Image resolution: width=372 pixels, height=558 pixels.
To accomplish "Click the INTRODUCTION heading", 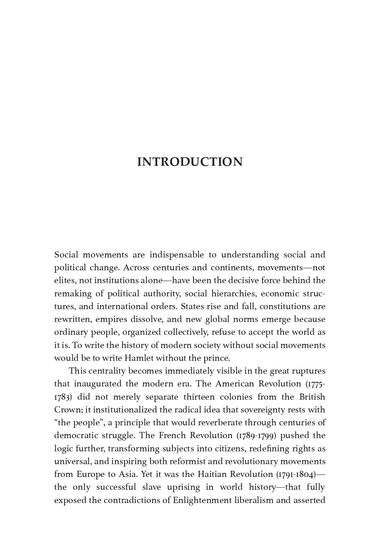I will point(190,162).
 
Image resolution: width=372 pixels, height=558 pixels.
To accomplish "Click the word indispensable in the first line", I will point(176,255).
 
